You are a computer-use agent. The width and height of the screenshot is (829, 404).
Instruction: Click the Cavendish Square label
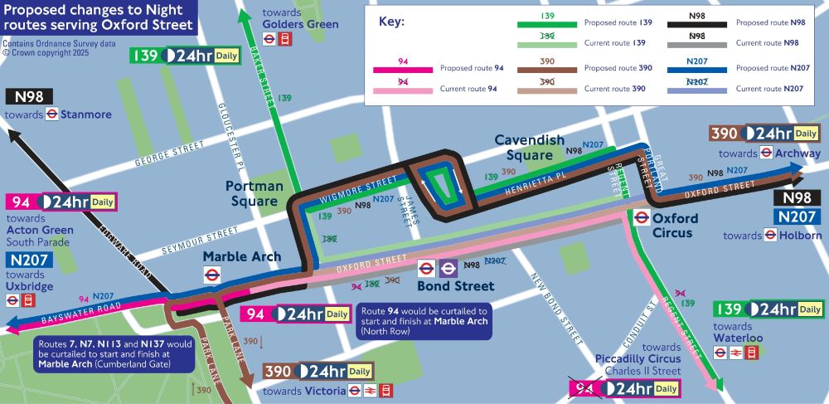530,148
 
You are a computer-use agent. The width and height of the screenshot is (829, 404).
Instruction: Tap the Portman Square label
254,193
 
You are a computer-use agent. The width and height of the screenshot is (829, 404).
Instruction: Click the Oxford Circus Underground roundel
641,218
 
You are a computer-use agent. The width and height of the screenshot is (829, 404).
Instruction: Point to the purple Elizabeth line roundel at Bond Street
448,268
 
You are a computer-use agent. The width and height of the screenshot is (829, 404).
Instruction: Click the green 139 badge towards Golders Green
146,56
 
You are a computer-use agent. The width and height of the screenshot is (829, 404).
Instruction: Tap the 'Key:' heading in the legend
391,22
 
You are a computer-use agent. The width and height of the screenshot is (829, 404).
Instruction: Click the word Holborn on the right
801,236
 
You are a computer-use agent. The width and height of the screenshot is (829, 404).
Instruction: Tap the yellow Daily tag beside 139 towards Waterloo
810,309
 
